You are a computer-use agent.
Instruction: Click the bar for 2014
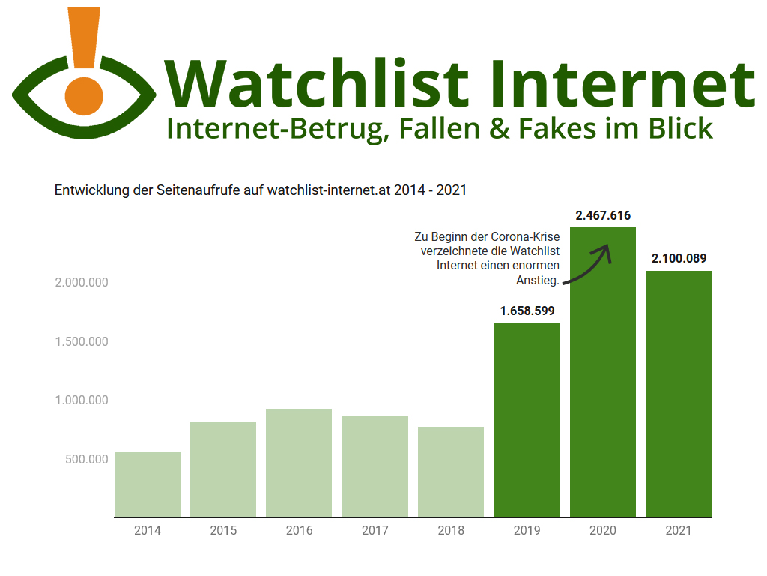click(x=148, y=484)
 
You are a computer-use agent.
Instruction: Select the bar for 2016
click(x=299, y=463)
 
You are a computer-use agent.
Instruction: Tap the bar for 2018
click(x=451, y=472)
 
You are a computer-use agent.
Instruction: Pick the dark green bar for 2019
click(x=527, y=420)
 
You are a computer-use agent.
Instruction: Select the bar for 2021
click(x=679, y=394)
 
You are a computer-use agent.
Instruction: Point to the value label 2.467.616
click(x=603, y=216)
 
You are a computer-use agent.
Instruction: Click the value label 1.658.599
click(x=527, y=310)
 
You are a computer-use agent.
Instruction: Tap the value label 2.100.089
click(x=679, y=259)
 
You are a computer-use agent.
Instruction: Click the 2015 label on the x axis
click(x=223, y=531)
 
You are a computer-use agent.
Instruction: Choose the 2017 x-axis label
click(x=375, y=531)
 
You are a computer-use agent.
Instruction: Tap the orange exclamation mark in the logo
click(x=84, y=37)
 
